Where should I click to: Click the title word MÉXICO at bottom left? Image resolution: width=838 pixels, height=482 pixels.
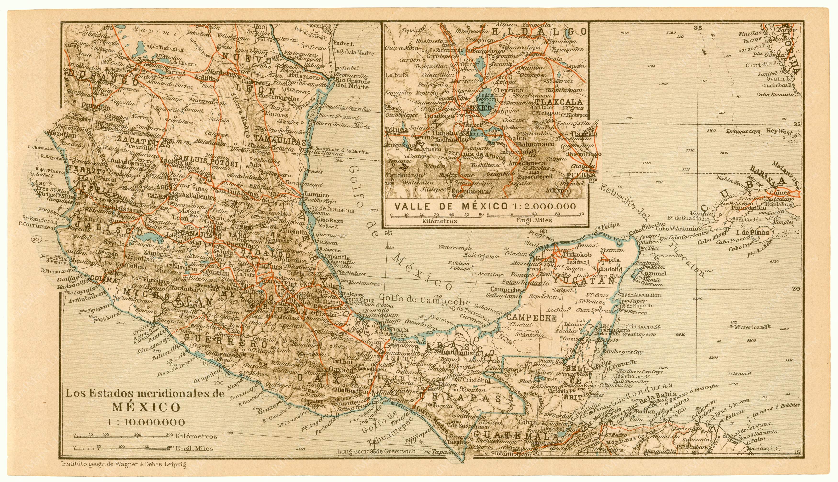146,407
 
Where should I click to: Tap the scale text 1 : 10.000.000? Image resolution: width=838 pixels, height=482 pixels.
146,422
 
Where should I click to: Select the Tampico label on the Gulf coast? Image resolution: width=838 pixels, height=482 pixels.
317,195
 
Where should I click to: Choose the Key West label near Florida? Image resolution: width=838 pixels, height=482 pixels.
779,131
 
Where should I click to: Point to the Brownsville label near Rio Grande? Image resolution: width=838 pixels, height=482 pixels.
352,75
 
